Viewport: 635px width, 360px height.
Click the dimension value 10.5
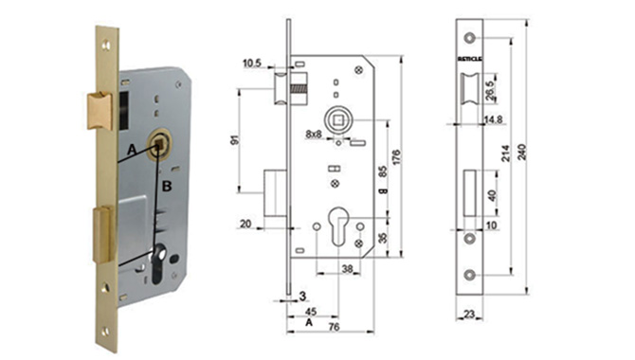[x=251, y=64]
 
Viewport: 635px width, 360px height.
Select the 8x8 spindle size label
[x=314, y=135]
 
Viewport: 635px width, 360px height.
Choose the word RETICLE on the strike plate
[x=469, y=60]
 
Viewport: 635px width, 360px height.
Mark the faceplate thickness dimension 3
[x=301, y=296]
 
